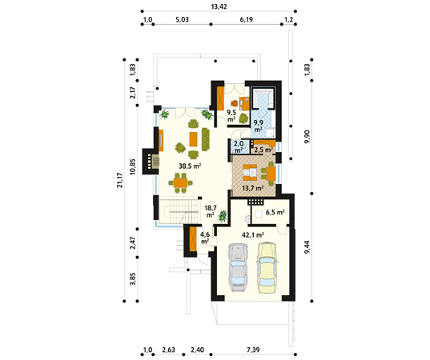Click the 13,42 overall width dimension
tap(219, 6)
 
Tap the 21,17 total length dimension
tap(119, 180)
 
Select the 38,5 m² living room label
tap(190, 166)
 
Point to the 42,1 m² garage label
tap(253, 234)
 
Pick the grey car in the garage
tap(238, 267)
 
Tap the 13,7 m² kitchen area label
tap(253, 188)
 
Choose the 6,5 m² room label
tap(275, 212)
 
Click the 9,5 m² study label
tap(231, 116)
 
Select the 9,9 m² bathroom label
tap(258, 126)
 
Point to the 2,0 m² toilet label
tap(238, 147)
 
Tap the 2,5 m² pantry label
tap(263, 150)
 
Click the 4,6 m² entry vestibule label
tap(205, 238)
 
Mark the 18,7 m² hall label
tap(210, 211)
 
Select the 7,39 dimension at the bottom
tap(253, 350)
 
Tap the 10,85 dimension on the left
tap(133, 167)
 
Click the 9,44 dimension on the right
tap(307, 247)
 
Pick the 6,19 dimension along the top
tap(246, 19)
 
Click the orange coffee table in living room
tap(193, 139)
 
